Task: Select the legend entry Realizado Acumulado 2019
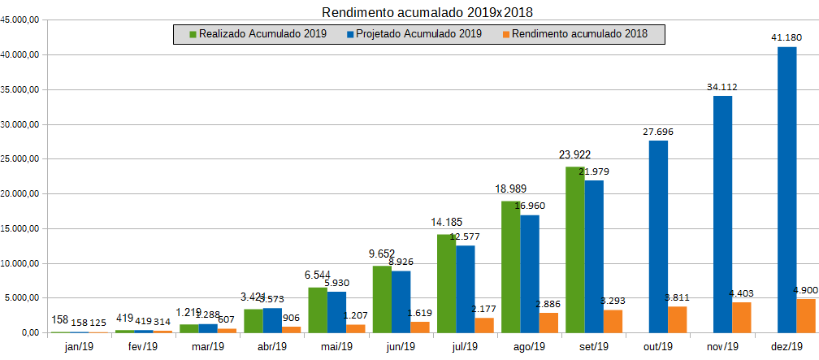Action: point(258,34)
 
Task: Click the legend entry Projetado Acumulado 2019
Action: point(414,34)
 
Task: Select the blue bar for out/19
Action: point(658,236)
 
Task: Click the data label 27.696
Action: point(658,131)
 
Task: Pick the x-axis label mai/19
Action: point(336,346)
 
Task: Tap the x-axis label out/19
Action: point(658,346)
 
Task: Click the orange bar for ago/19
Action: point(548,323)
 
